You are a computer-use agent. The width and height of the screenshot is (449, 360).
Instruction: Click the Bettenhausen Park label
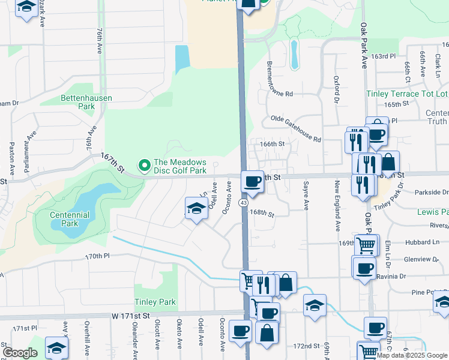[x=77, y=101]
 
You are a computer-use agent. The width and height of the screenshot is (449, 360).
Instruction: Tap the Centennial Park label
[x=70, y=219]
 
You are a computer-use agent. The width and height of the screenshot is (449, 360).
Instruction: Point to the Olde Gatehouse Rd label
[x=296, y=128]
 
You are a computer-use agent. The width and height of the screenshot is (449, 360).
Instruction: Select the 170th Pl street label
[x=98, y=256]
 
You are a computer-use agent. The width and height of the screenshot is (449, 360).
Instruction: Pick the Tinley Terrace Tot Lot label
[x=407, y=94]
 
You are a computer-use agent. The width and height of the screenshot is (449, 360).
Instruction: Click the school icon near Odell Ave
[x=196, y=208]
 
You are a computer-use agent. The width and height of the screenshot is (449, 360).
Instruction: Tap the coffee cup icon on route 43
[x=252, y=181]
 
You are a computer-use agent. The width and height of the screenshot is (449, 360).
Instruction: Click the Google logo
[x=20, y=353]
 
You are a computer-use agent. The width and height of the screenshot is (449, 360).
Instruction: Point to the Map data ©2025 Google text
[x=412, y=355]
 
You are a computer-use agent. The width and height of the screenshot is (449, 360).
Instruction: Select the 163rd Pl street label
[x=384, y=56]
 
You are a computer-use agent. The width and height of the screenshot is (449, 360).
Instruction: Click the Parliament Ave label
[x=26, y=157]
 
